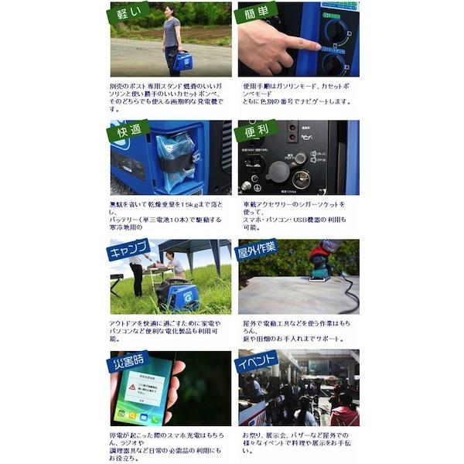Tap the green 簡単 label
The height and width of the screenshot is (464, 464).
pos(255,13)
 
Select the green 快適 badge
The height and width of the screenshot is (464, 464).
pos(128,129)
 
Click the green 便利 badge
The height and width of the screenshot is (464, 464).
pos(255,129)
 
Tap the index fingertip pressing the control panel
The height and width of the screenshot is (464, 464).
pos(315,46)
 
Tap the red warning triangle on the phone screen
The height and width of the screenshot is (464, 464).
pos(132,386)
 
